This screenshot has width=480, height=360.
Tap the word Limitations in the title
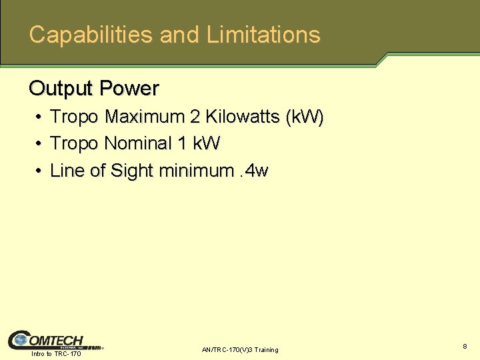[x=263, y=35]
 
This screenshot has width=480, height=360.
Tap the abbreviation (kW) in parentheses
[x=304, y=117]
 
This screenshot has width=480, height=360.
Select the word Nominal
[x=138, y=144]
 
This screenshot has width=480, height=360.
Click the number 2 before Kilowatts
[x=195, y=117]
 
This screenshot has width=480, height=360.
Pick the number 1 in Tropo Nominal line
[x=182, y=144]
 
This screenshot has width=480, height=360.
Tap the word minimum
[x=197, y=171]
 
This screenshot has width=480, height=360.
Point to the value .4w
[x=253, y=171]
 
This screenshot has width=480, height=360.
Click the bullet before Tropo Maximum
[x=39, y=118]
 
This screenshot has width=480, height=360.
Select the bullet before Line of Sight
[x=39, y=172]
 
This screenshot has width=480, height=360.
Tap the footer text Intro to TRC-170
[x=57, y=354]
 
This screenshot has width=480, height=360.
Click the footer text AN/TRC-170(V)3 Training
[x=240, y=350]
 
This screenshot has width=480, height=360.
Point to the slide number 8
[x=464, y=347]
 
